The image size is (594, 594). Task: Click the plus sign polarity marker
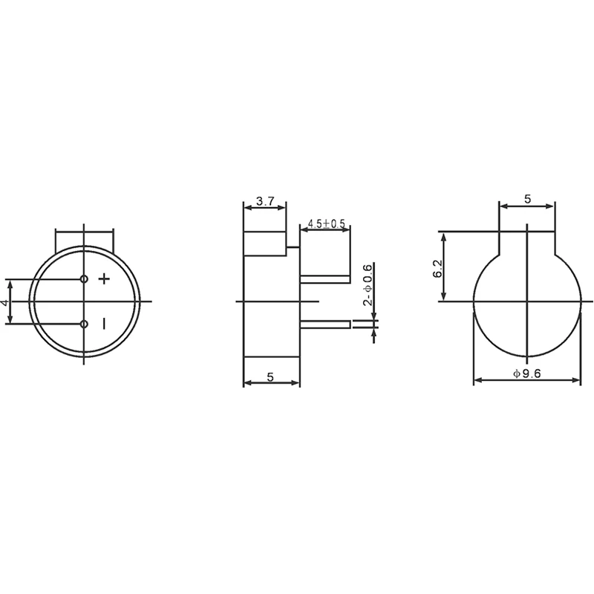(104, 279)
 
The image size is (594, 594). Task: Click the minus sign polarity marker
(104, 324)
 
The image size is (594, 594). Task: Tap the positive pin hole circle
(84, 279)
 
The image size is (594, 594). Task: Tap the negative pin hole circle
(84, 324)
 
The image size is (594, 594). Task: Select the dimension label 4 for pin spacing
(4, 302)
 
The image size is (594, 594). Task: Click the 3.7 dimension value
(265, 201)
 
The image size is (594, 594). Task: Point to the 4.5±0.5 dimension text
(327, 223)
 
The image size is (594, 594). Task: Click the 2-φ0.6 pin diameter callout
(367, 286)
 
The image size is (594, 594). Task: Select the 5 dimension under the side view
(271, 377)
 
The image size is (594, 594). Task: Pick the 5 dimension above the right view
(527, 199)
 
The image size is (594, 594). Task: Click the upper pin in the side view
(324, 279)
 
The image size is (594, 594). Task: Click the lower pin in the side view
(324, 324)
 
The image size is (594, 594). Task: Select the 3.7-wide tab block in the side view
(265, 243)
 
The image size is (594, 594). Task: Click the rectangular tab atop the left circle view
(84, 239)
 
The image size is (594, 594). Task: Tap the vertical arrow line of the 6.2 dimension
(445, 267)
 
